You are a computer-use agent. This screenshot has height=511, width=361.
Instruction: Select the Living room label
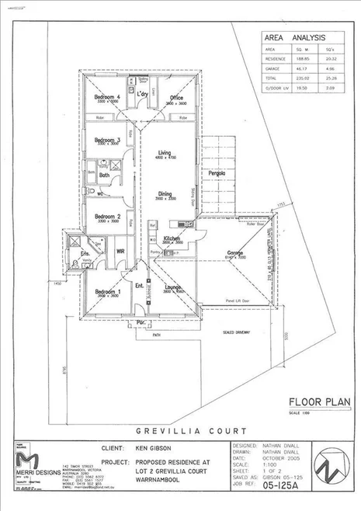pyautogui.click(x=165, y=153)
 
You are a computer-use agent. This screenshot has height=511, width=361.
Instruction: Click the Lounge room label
pyautogui.click(x=171, y=287)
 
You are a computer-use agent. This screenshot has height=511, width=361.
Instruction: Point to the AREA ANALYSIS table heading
pyautogui.click(x=295, y=36)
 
